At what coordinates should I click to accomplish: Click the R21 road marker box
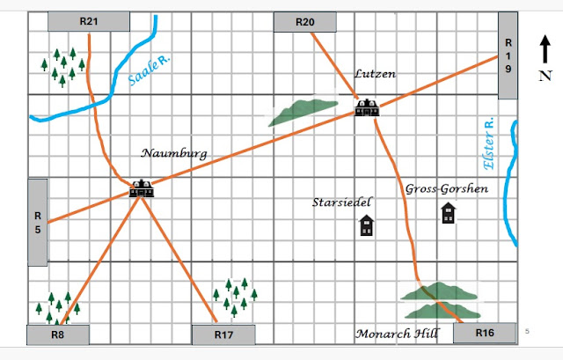pos(88,21)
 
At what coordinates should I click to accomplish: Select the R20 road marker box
pos(306,21)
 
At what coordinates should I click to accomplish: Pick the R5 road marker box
pos(38,222)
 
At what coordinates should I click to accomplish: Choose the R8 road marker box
pos(57,334)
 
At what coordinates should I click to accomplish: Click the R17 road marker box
pos(223,334)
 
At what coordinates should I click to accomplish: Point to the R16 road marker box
pos(483,334)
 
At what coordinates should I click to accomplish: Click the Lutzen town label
pos(376,75)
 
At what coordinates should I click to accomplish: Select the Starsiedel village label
pos(342,202)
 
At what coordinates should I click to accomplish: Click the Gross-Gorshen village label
pos(446,188)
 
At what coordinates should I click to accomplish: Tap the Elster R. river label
pos(489,143)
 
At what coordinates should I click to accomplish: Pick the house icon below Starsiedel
pos(366,226)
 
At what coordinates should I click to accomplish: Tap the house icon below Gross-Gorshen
pos(449,214)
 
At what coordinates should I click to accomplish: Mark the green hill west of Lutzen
pos(304,111)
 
